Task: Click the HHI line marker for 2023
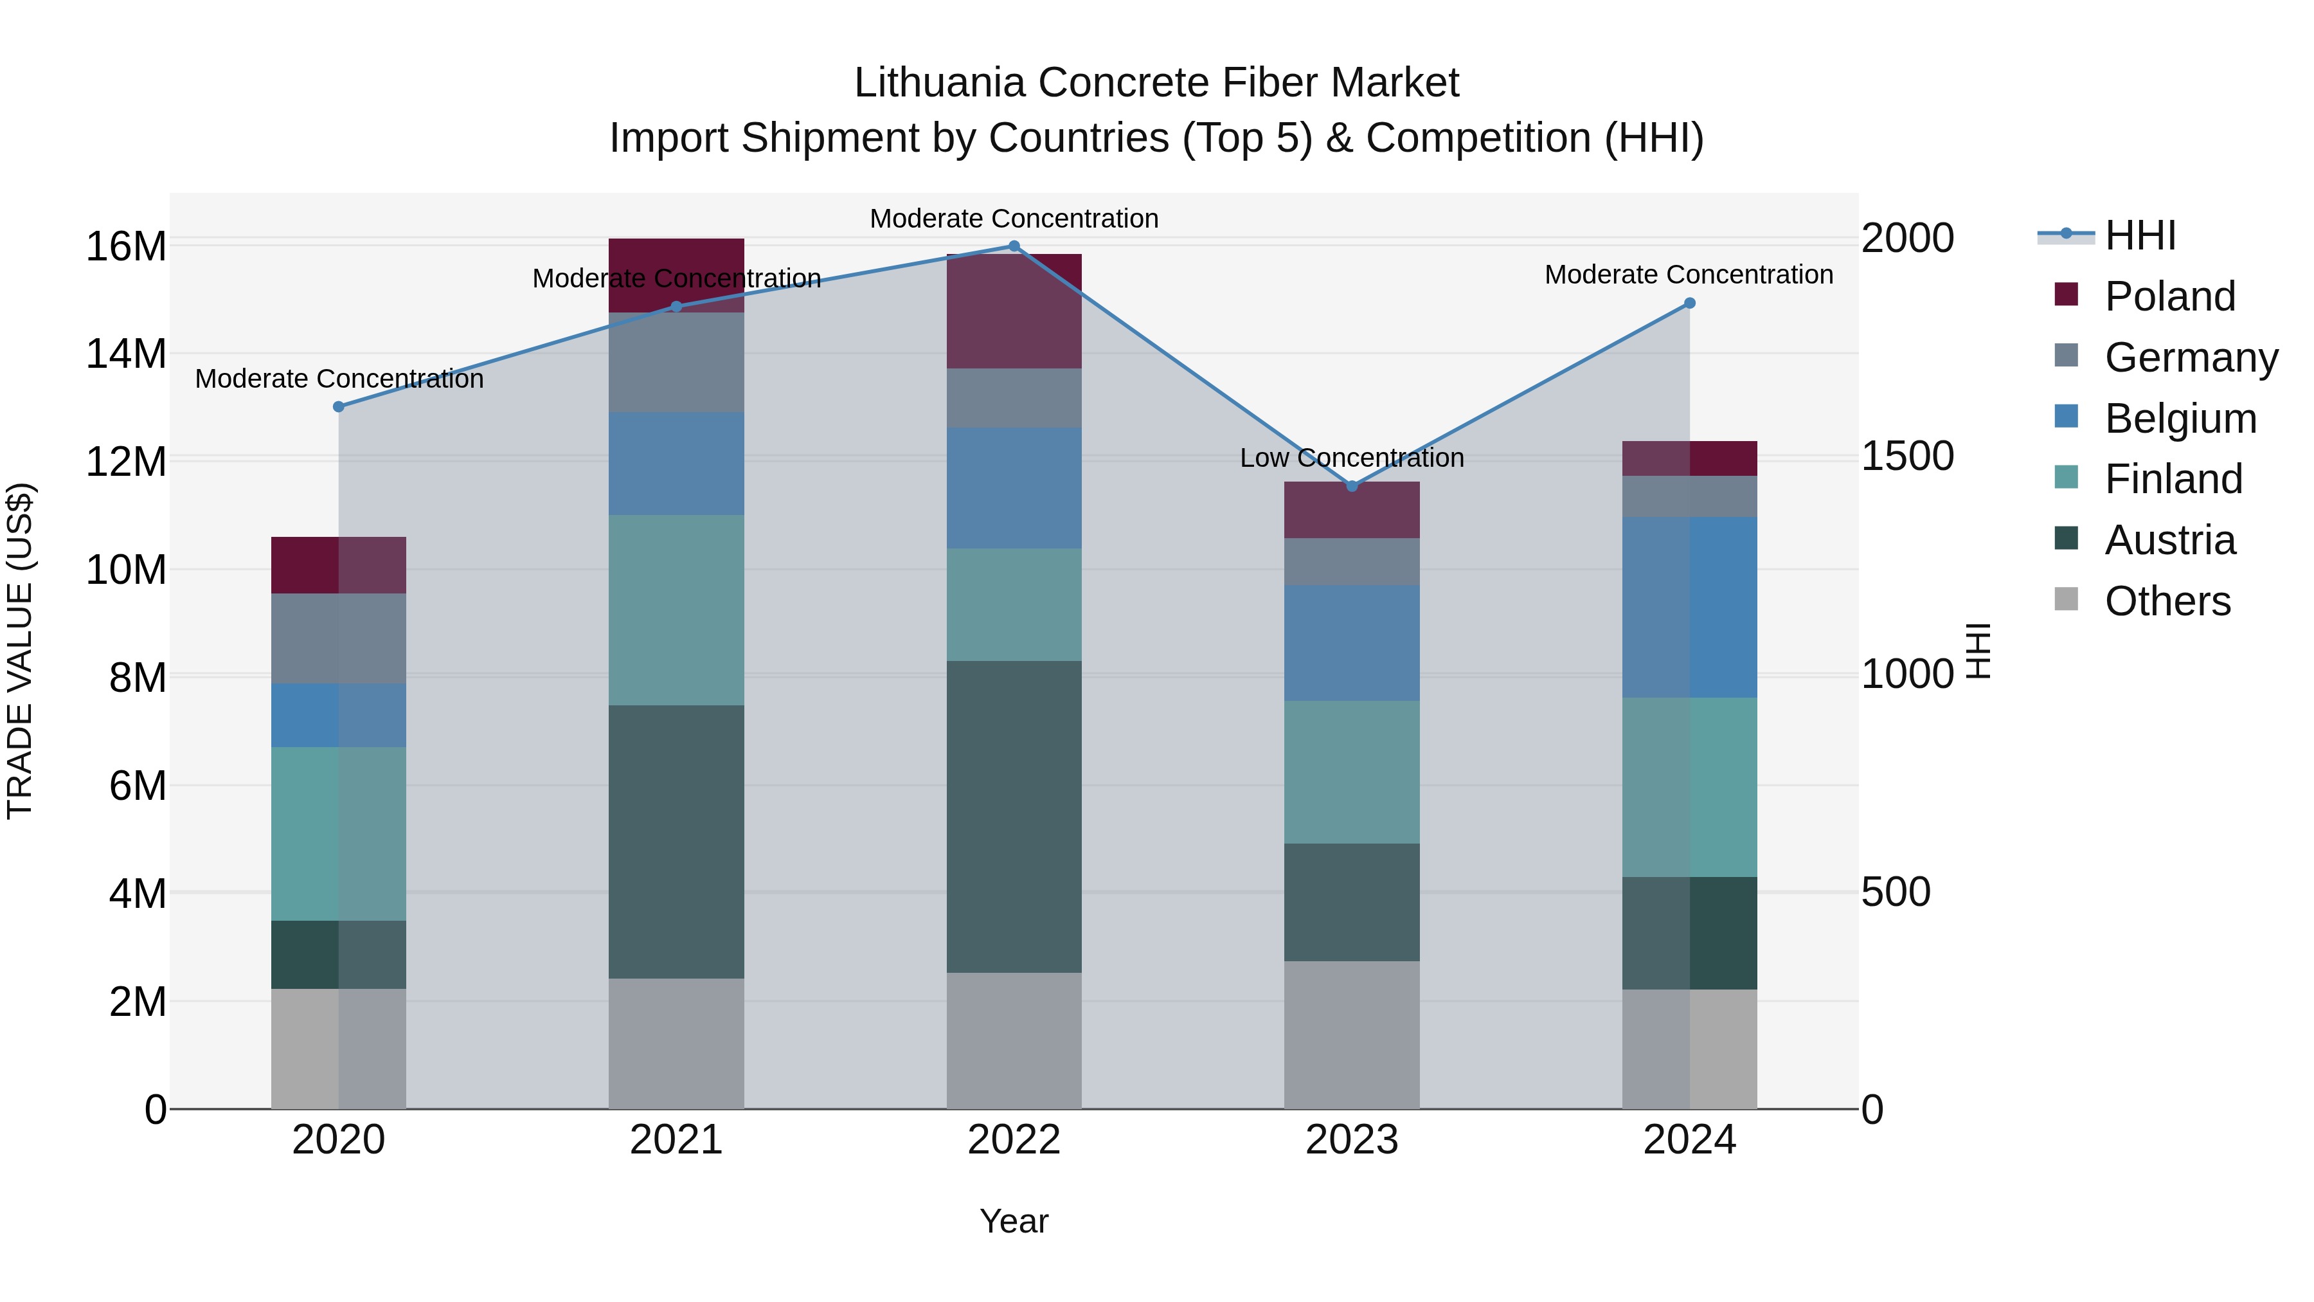click(x=1351, y=486)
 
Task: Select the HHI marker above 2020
click(x=339, y=407)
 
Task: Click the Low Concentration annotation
click(x=1351, y=458)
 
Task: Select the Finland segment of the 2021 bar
click(x=676, y=610)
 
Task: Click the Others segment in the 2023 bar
click(x=1351, y=1035)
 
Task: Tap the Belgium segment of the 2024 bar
click(x=1689, y=608)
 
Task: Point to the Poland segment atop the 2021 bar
click(x=676, y=256)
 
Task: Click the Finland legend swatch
click(x=2066, y=477)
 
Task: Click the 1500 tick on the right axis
click(x=1906, y=457)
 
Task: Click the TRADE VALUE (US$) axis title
click(x=21, y=651)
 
